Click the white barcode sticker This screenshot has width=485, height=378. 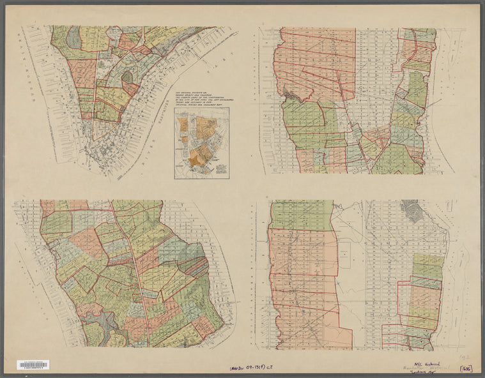33,365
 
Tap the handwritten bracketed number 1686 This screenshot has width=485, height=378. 466,368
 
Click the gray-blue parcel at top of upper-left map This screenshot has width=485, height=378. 74,37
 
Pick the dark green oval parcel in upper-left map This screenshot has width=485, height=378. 127,77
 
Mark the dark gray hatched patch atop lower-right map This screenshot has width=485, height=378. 412,210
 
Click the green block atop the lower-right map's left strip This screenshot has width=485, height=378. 301,215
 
